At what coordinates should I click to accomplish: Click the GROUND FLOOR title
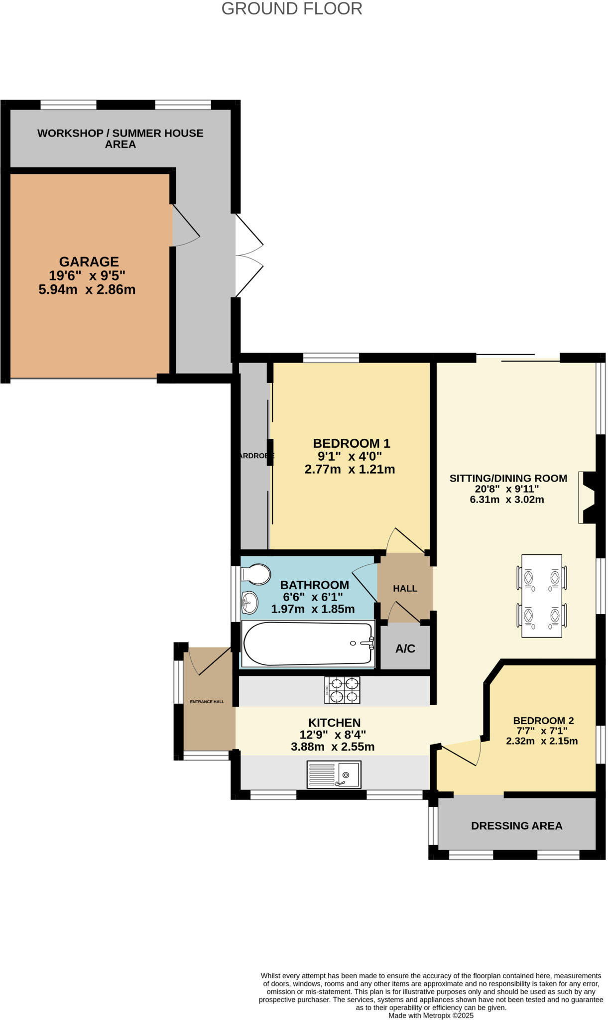point(292,8)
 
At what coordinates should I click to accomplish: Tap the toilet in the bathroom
point(255,574)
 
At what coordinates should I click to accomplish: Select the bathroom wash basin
point(249,603)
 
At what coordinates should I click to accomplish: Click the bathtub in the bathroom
point(308,643)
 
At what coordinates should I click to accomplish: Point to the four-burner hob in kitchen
point(342,690)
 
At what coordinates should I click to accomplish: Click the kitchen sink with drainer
point(334,774)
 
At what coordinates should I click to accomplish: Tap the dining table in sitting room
point(542,596)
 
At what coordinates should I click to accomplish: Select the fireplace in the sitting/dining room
point(588,497)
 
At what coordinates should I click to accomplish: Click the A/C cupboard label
point(405,648)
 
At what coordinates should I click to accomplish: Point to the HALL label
point(405,589)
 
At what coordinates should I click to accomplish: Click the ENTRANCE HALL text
point(207,702)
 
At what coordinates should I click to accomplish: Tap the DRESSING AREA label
point(516,826)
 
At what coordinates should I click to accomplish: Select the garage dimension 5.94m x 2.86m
point(87,289)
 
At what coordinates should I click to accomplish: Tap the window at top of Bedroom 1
point(331,358)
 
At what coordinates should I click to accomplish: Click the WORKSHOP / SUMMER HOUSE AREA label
point(121,138)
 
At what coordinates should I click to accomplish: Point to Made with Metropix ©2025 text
point(431,1015)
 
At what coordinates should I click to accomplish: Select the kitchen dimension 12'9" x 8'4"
point(333,734)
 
